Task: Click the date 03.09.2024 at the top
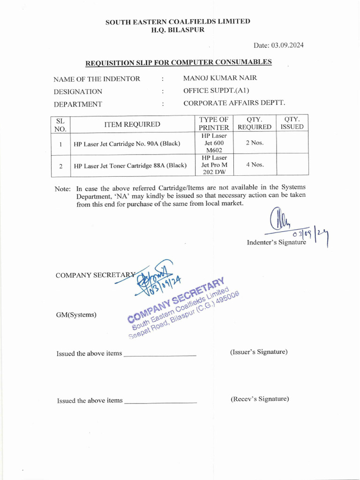282,45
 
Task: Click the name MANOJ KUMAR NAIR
220,78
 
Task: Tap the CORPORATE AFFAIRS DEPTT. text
234,103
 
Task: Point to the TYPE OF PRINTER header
214,123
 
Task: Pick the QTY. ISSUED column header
292,123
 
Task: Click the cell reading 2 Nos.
255,142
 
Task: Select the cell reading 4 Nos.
255,165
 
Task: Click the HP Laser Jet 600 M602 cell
214,142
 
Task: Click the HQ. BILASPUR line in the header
177,30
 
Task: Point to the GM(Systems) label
76,315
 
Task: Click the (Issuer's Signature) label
259,352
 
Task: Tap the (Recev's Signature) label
260,398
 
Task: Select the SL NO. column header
60,124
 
